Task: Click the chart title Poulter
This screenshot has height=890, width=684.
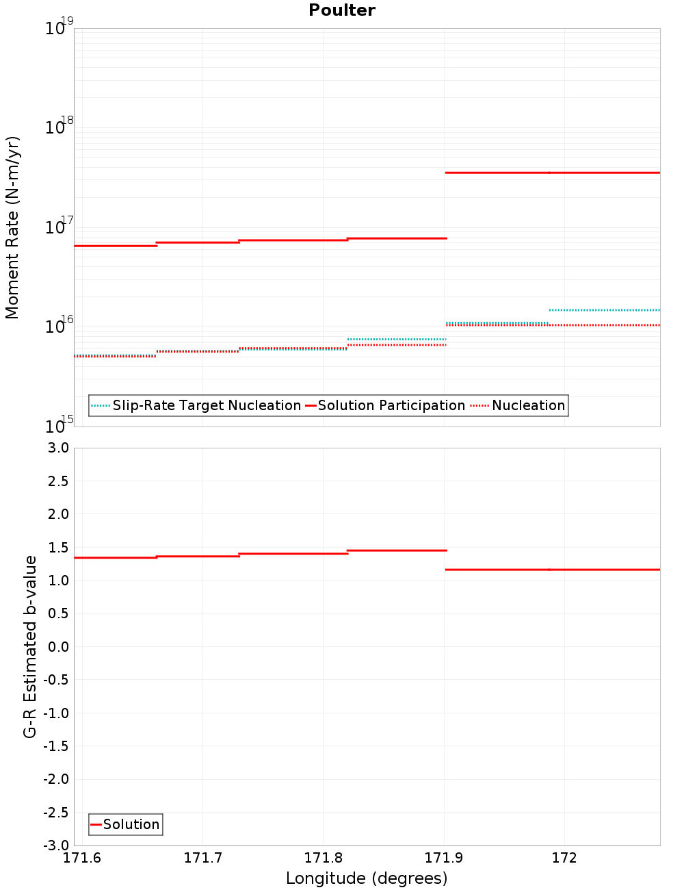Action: (342, 10)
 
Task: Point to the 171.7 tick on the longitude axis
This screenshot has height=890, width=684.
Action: (202, 858)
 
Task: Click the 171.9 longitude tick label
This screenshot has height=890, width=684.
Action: (444, 858)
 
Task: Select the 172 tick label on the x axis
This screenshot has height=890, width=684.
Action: (564, 858)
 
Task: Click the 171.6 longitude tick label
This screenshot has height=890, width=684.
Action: (82, 858)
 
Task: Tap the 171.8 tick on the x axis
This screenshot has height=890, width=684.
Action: (323, 858)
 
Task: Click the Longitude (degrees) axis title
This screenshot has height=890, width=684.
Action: (367, 878)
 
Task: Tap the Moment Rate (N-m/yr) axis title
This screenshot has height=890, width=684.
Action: (12, 227)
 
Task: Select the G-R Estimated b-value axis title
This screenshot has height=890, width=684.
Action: (30, 646)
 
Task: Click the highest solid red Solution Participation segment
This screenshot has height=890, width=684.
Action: (553, 173)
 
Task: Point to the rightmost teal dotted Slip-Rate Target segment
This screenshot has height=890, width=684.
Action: (605, 310)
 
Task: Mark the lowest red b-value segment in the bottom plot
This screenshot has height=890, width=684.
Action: (553, 570)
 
